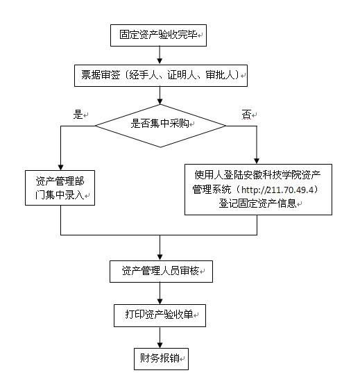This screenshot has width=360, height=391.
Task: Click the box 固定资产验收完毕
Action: (158, 35)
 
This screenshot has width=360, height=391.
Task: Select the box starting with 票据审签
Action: (161, 76)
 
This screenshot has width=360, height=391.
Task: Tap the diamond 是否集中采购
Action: (161, 126)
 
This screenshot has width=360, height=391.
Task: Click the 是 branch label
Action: (78, 115)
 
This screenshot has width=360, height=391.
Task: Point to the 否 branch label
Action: (246, 115)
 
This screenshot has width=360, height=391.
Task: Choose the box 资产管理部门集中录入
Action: (60, 188)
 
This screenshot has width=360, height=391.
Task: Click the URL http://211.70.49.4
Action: (277, 190)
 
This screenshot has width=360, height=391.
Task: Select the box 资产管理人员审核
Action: (161, 272)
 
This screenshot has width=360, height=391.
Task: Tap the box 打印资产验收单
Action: (160, 315)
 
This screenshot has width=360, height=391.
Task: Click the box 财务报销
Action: (161, 359)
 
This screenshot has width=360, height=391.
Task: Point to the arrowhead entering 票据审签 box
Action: (160, 61)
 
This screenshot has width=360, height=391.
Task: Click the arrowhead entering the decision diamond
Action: (160, 101)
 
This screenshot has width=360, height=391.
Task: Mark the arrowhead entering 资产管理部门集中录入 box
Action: (60, 167)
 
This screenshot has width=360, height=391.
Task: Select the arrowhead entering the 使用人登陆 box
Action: (257, 161)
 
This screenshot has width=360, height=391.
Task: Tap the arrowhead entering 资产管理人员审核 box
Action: (160, 258)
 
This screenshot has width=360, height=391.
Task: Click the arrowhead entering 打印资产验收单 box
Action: (160, 301)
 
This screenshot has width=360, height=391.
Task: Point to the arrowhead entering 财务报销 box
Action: (160, 345)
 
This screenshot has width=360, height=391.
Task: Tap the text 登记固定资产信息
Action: (257, 203)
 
